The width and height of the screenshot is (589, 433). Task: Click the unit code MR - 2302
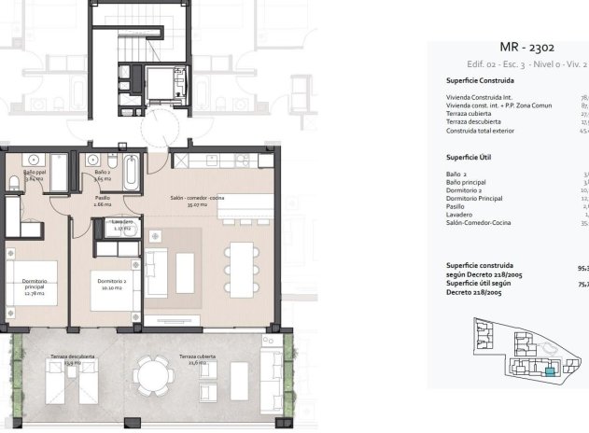coord(527,47)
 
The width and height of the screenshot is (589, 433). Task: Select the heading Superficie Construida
coord(481,80)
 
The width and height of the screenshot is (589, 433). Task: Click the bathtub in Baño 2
coord(132,171)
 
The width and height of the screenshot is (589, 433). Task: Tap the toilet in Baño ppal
coord(14,182)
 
